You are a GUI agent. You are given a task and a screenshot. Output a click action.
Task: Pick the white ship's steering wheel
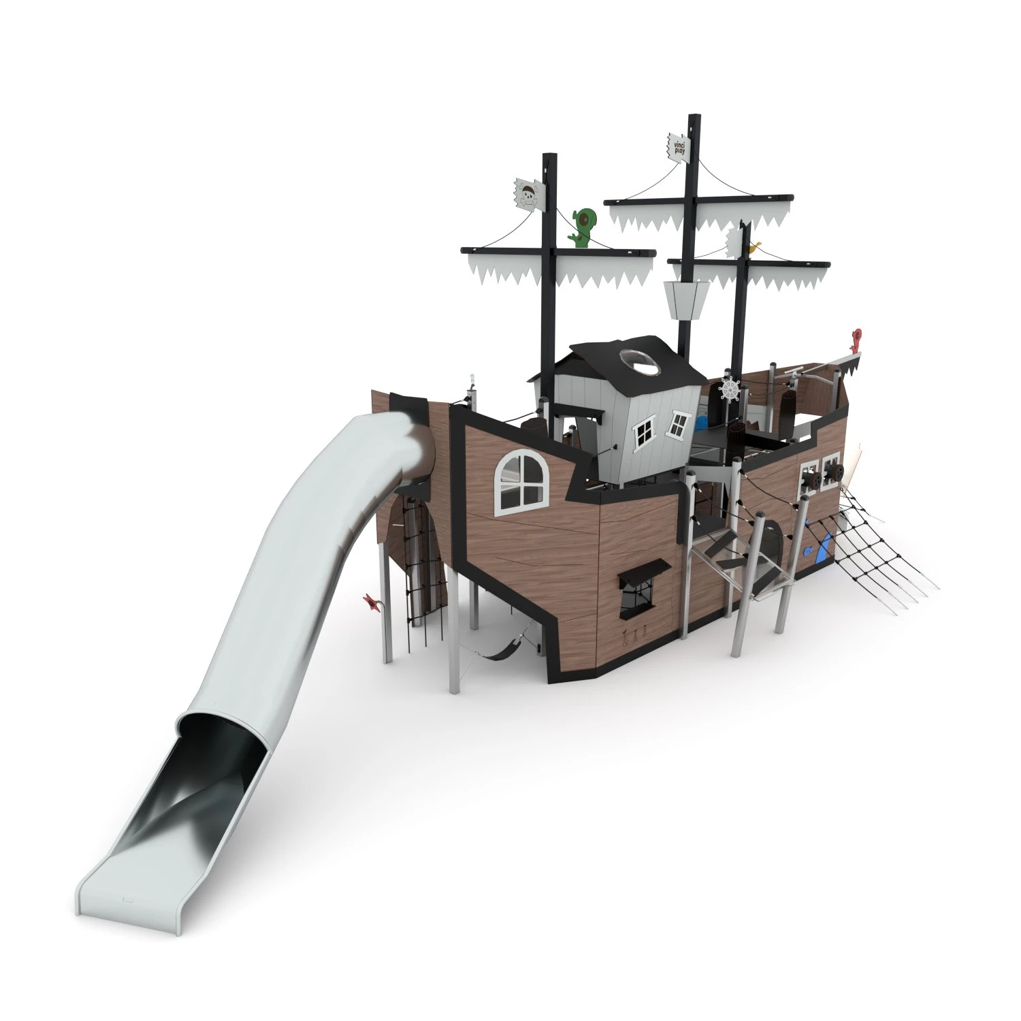[x=730, y=389]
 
